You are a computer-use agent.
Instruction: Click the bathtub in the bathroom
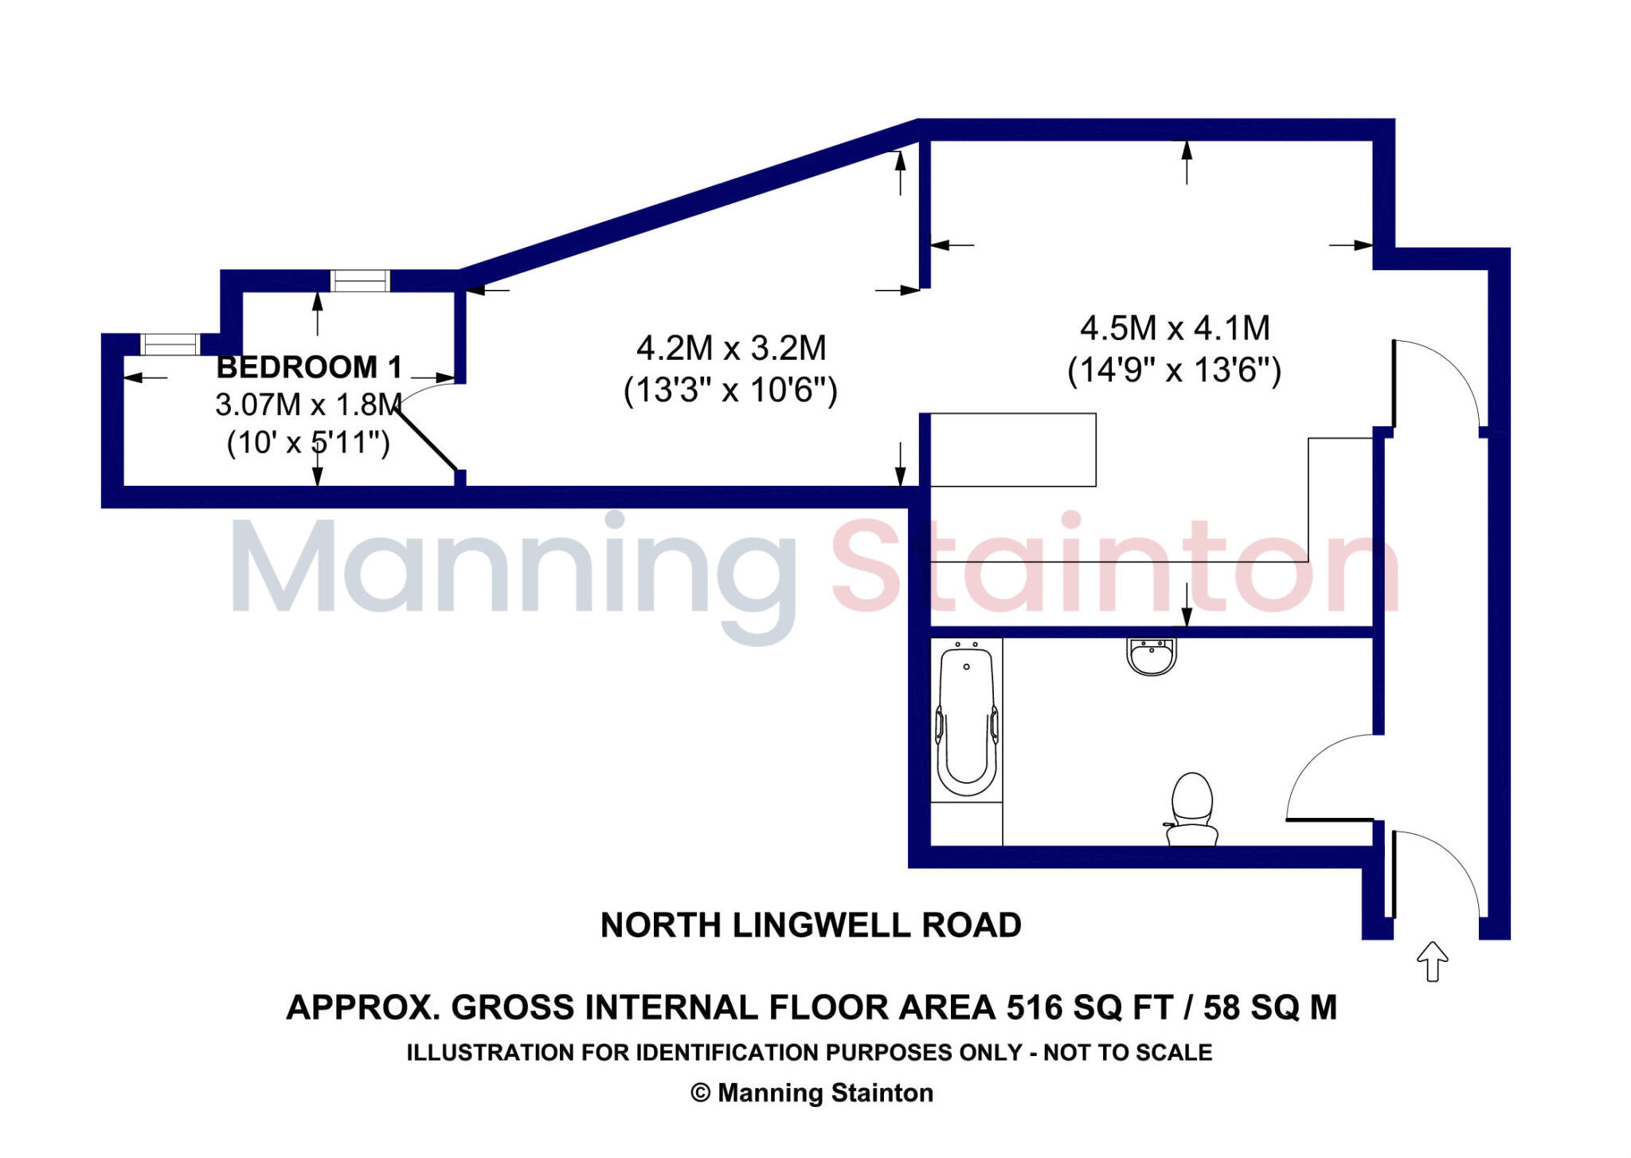click(966, 721)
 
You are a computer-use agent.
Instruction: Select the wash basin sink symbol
click(1152, 657)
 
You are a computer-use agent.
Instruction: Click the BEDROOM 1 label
click(309, 367)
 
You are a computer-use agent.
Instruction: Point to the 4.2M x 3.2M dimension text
click(731, 348)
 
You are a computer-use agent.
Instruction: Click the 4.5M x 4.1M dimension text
click(1175, 328)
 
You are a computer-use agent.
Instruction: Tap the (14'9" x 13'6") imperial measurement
click(1174, 370)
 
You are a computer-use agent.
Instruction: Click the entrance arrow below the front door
click(1432, 961)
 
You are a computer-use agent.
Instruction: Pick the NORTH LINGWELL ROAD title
click(811, 925)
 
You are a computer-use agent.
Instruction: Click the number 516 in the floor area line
click(1035, 1008)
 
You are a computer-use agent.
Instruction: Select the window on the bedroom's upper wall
click(360, 280)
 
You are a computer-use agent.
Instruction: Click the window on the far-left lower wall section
click(170, 344)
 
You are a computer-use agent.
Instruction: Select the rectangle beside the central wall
click(1013, 449)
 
